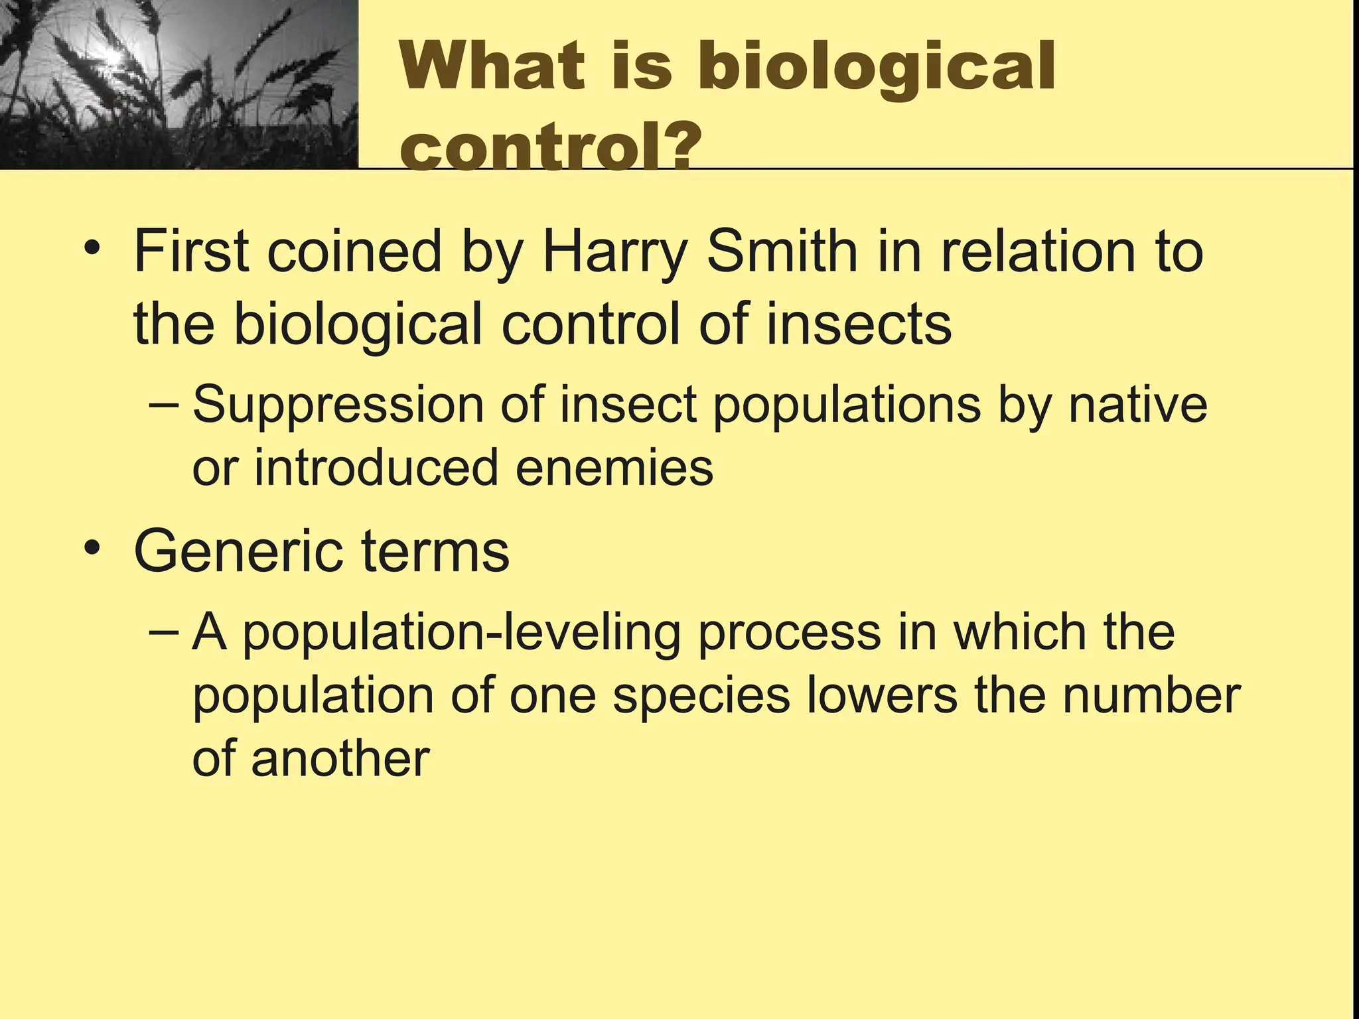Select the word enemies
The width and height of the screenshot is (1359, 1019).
click(x=614, y=467)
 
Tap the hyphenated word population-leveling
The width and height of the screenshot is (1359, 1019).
click(x=461, y=634)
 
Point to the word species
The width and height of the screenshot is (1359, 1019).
click(x=701, y=697)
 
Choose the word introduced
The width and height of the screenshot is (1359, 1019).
click(x=376, y=467)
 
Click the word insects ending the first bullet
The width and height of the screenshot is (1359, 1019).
click(x=859, y=325)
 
